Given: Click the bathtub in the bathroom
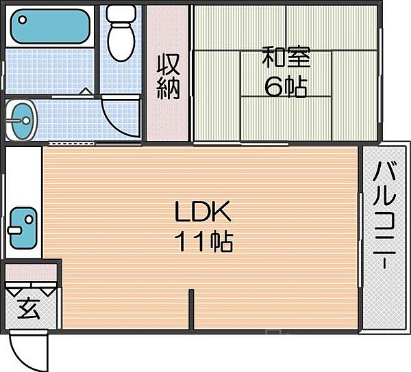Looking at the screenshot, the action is click(50, 26).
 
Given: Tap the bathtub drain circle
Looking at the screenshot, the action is click(23, 20).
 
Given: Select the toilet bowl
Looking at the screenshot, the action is click(121, 42).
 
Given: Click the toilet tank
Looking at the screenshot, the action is click(121, 14).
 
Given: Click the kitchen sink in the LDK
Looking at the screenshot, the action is click(23, 228).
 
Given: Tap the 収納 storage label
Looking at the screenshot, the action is click(169, 77).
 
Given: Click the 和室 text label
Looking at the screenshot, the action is click(286, 57).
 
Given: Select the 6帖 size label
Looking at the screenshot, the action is click(286, 87).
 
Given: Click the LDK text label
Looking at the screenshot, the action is click(203, 211).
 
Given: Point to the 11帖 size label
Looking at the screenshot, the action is click(203, 241).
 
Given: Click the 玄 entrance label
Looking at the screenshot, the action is click(29, 308).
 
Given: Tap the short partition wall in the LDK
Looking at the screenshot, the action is click(191, 310).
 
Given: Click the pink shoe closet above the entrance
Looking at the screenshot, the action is click(31, 272).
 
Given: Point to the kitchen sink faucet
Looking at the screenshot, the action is click(14, 230).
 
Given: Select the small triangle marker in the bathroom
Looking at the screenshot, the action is click(86, 91).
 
